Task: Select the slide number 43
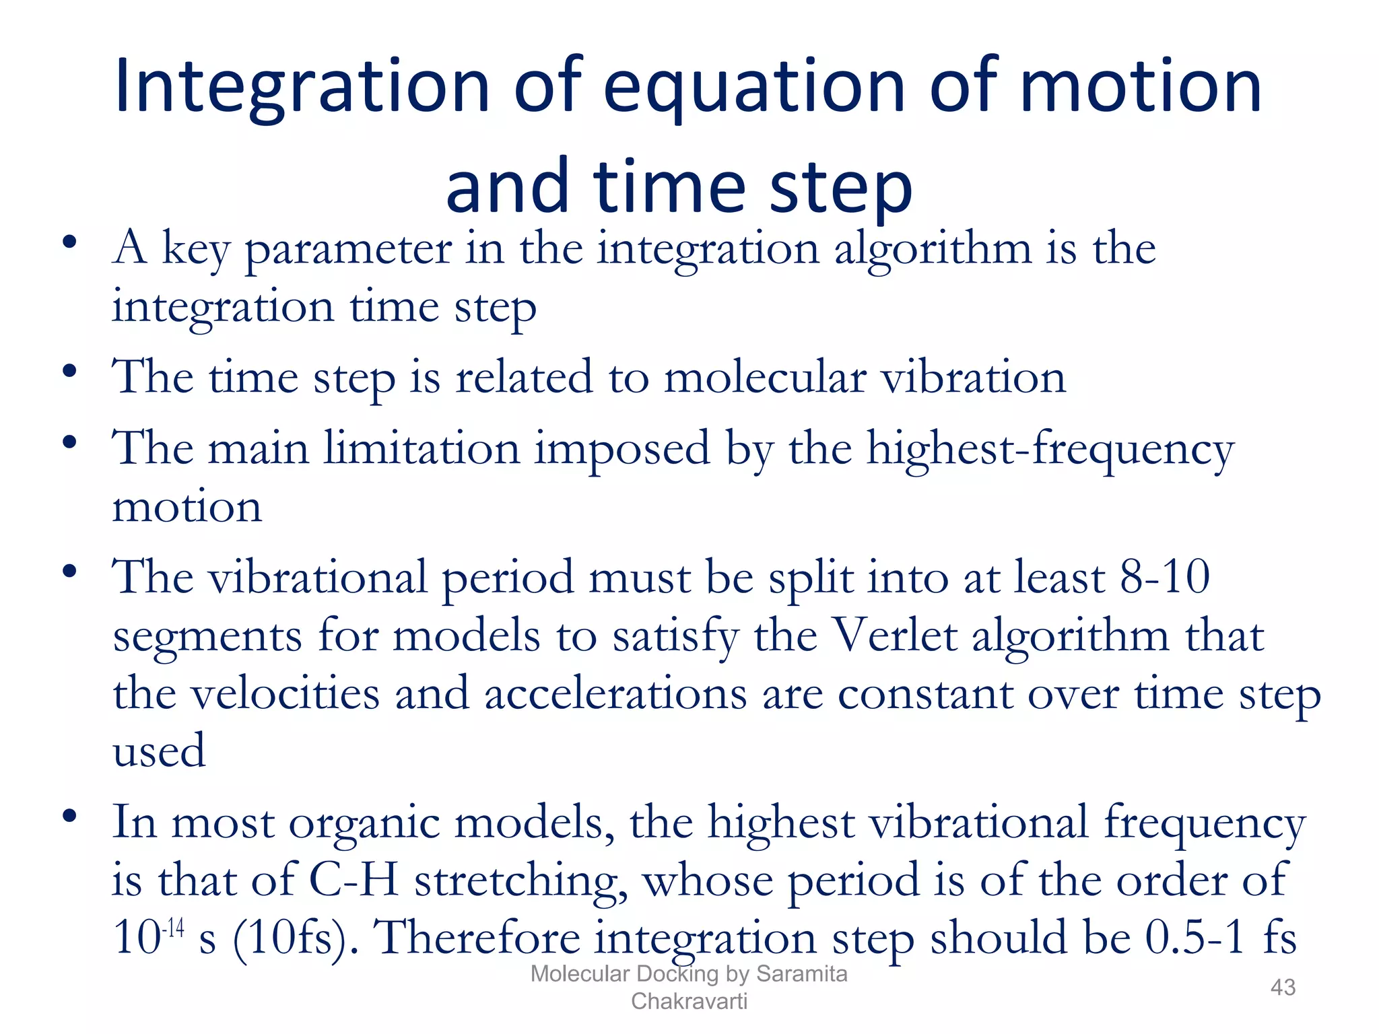click(1282, 987)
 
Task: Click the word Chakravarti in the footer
click(689, 1001)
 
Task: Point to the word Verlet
click(896, 636)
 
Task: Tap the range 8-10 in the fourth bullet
click(1165, 578)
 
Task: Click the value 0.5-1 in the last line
click(1195, 938)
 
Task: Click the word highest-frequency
click(1050, 450)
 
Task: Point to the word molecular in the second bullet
click(765, 378)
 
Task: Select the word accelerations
click(615, 694)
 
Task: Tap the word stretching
click(520, 882)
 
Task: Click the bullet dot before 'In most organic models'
click(69, 817)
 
